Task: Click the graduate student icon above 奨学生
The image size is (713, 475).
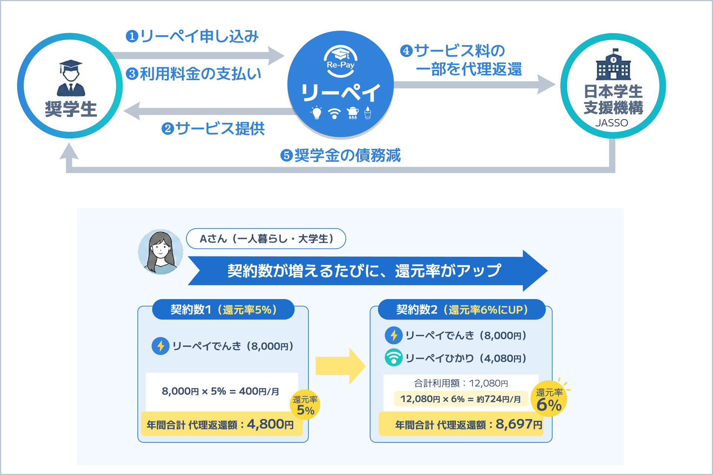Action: pyautogui.click(x=71, y=78)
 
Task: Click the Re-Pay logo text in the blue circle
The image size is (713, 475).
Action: pyautogui.click(x=341, y=65)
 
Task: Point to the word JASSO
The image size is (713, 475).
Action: pyautogui.click(x=612, y=123)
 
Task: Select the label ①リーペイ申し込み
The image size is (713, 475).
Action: pyautogui.click(x=192, y=36)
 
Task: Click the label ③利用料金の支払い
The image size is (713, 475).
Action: pyautogui.click(x=193, y=74)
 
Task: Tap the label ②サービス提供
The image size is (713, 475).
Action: pyautogui.click(x=213, y=129)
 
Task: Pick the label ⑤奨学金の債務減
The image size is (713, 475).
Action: pyautogui.click(x=341, y=155)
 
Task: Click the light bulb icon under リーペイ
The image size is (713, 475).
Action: pyautogui.click(x=316, y=113)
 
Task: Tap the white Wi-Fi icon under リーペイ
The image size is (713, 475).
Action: pyautogui.click(x=335, y=113)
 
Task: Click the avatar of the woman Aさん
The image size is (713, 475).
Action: pyautogui.click(x=160, y=252)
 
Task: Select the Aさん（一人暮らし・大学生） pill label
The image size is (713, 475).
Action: pyautogui.click(x=266, y=239)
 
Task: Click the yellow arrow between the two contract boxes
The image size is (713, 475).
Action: pyautogui.click(x=340, y=366)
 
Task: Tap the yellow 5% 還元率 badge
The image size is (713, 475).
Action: pyautogui.click(x=305, y=405)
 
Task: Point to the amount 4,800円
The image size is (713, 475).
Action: pyautogui.click(x=270, y=424)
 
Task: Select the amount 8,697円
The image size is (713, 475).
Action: pyautogui.click(x=518, y=424)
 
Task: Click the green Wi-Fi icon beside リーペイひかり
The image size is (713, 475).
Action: pyautogui.click(x=394, y=358)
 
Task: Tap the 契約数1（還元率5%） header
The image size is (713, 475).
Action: pyautogui.click(x=223, y=309)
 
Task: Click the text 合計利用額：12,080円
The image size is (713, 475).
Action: pyautogui.click(x=461, y=383)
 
